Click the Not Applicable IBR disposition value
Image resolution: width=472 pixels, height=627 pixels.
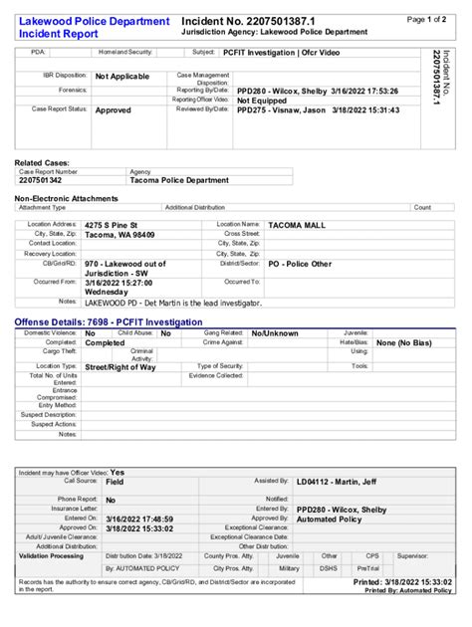(x=122, y=77)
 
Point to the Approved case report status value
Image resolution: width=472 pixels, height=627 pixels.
(x=113, y=110)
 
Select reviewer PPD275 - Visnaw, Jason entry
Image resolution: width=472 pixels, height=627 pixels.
(x=318, y=110)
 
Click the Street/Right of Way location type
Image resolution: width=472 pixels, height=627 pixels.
(x=120, y=367)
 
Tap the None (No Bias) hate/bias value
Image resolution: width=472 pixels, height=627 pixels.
(x=409, y=342)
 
